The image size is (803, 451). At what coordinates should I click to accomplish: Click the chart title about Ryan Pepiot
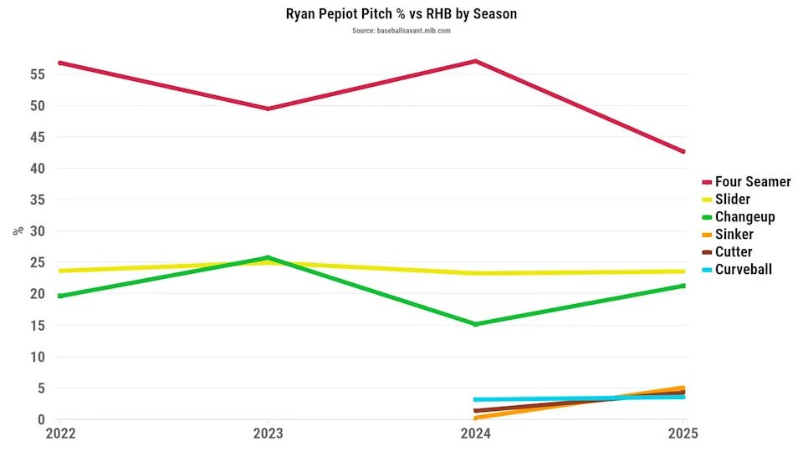point(401,14)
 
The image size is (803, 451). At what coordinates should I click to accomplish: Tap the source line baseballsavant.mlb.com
point(401,31)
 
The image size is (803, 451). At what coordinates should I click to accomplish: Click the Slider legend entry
point(732,199)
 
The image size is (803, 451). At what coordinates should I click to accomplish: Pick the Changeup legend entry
point(744,216)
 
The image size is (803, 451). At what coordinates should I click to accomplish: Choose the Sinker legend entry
point(734,234)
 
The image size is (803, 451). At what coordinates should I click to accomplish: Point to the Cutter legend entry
point(734,251)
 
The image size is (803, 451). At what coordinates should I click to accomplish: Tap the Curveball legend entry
point(743,269)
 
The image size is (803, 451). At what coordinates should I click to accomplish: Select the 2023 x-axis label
point(268,434)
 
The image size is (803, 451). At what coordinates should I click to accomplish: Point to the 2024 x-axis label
point(476,434)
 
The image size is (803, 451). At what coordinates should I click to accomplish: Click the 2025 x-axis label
point(684,434)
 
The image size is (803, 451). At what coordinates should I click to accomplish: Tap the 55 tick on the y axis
point(35,74)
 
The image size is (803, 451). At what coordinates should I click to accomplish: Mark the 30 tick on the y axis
point(35,231)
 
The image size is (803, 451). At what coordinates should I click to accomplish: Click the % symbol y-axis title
point(18,231)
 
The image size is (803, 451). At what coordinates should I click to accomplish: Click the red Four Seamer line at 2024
point(476,61)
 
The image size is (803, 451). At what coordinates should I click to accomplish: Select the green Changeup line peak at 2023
point(268,257)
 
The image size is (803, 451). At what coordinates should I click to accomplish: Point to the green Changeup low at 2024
point(476,324)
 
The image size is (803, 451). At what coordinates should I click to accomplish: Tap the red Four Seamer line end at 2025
point(683,151)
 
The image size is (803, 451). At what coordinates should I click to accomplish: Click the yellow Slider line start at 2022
point(59,271)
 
